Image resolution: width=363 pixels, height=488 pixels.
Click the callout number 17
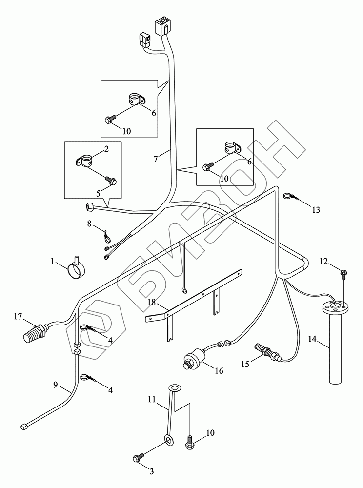coord(18,317)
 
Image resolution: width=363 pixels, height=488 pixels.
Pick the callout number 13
coord(316,210)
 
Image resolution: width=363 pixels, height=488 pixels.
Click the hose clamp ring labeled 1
coord(76,268)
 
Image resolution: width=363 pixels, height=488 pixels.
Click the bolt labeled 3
coord(137,458)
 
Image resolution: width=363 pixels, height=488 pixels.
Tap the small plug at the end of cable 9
coord(24,426)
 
